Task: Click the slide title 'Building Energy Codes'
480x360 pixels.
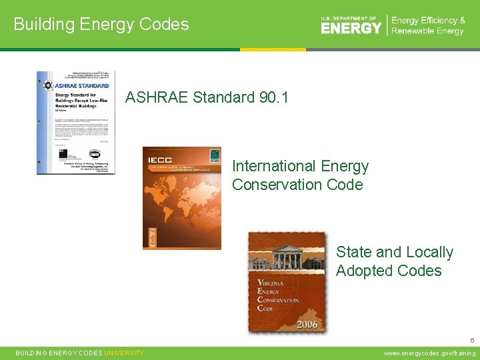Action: point(101,25)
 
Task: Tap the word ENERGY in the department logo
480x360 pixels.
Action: point(351,28)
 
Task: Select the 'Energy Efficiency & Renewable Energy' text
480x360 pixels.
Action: point(428,26)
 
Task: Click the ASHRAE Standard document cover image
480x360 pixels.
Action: point(75,123)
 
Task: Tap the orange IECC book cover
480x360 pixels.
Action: point(182,198)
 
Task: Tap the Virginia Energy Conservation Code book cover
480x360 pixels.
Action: point(287,282)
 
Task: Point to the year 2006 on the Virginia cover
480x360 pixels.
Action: point(307,324)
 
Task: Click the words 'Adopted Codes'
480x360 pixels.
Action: point(389,271)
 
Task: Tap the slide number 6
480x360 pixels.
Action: point(471,340)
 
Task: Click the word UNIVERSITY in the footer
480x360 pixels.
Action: point(124,353)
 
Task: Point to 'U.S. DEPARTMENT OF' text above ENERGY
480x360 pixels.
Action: point(349,19)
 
